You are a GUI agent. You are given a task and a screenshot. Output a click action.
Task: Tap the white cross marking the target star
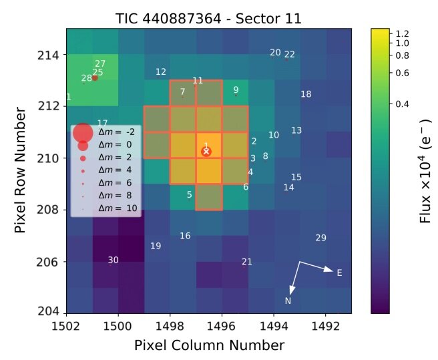pos(206,152)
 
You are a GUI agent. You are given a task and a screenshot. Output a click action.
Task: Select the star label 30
pos(114,260)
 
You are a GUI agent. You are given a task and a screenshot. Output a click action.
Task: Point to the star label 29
pos(321,238)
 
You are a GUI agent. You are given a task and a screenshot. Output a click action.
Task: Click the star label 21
pos(247,261)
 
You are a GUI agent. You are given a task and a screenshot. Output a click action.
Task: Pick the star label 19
pos(156,246)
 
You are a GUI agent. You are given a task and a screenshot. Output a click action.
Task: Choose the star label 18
pos(306,94)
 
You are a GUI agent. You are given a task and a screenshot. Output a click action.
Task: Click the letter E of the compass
pos(339,273)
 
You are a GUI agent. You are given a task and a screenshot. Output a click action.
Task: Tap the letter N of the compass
pos(288,301)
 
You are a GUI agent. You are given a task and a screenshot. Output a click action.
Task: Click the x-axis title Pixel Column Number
pos(209,345)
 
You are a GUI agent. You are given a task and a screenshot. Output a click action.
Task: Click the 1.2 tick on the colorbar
pos(402,33)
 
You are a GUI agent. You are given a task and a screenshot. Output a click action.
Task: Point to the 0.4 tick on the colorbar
pos(402,104)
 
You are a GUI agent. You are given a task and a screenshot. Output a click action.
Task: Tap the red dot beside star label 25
pos(95,78)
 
